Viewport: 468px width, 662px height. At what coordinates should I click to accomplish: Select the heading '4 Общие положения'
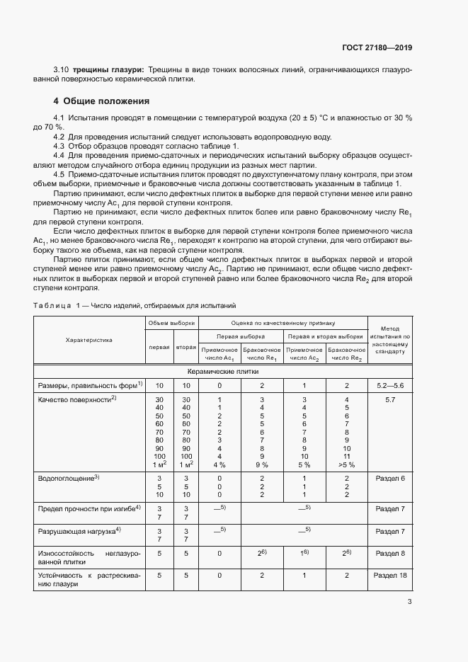pyautogui.click(x=102, y=101)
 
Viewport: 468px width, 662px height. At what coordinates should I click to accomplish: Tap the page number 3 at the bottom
pyautogui.click(x=410, y=602)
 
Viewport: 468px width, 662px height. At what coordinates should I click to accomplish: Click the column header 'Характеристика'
pyautogui.click(x=89, y=340)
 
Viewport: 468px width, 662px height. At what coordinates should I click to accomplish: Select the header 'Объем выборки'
pyautogui.click(x=171, y=323)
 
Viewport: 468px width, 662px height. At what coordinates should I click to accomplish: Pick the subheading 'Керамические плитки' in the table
pyautogui.click(x=222, y=370)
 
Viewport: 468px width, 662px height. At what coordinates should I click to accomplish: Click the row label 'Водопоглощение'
pyautogui.click(x=67, y=479)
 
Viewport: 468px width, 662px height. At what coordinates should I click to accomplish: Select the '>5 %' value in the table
pyautogui.click(x=346, y=465)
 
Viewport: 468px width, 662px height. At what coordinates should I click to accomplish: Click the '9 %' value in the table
pyautogui.click(x=261, y=465)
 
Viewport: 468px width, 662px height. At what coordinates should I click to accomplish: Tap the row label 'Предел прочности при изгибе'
pyautogui.click(x=89, y=508)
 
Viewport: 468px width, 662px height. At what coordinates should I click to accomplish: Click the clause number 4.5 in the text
pyautogui.click(x=59, y=172)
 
